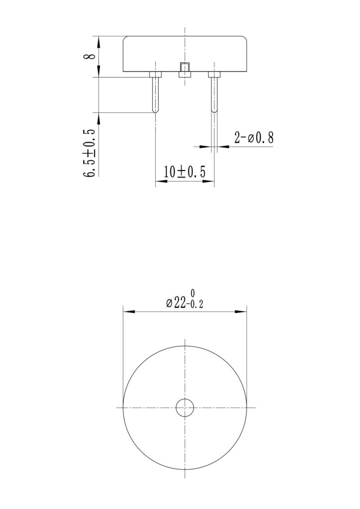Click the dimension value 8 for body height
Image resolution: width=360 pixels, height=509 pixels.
tap(90, 56)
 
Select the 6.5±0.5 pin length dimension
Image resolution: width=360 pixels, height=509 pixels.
tap(90, 153)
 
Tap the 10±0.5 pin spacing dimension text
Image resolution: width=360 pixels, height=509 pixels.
tap(184, 172)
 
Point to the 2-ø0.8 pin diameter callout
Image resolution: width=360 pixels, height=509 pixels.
tap(254, 138)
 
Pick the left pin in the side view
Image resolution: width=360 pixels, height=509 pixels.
tap(156, 94)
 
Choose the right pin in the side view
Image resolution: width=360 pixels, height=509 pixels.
tap(214, 94)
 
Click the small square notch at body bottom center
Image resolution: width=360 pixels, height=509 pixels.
tap(185, 70)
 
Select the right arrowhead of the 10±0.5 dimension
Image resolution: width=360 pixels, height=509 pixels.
tap(209, 182)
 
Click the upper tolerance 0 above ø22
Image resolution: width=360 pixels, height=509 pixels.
tap(192, 293)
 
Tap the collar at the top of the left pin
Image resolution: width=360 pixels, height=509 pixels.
tap(156, 75)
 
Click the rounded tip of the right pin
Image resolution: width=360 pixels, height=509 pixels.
tap(214, 110)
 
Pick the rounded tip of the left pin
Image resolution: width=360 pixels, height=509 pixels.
tap(156, 110)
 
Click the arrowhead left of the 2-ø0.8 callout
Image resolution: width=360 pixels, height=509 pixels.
tap(206, 146)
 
